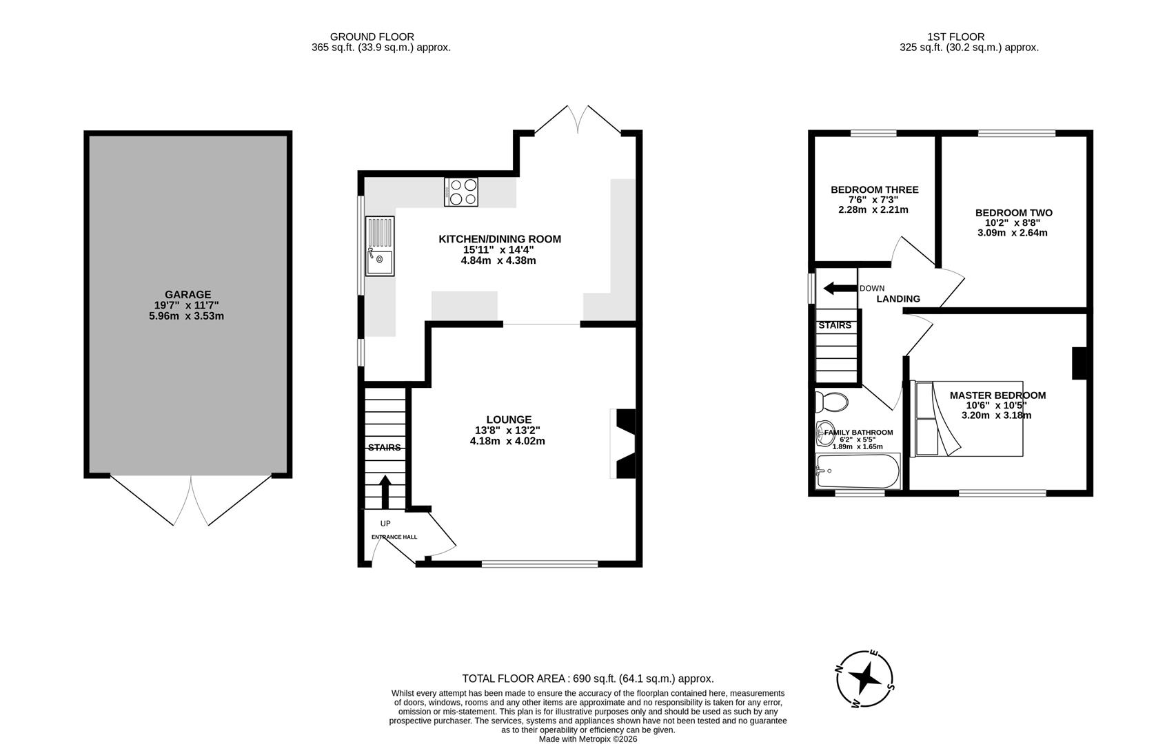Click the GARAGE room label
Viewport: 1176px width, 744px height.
(x=187, y=295)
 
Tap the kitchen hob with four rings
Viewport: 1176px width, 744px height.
(x=462, y=192)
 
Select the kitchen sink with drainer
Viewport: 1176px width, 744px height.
(x=380, y=246)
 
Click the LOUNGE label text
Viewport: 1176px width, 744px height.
(x=509, y=420)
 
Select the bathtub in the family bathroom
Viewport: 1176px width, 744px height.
(x=857, y=471)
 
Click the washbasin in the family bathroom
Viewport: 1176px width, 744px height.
(x=824, y=434)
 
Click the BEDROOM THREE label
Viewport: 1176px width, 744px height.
(x=874, y=189)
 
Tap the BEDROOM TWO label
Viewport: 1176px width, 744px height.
(x=1013, y=213)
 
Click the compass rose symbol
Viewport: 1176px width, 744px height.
(x=865, y=679)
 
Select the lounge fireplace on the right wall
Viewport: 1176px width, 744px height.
(x=624, y=444)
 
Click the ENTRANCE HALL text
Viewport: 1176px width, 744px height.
(x=394, y=537)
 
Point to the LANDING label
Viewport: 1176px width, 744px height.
(x=898, y=299)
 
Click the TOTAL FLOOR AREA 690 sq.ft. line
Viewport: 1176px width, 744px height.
(x=587, y=679)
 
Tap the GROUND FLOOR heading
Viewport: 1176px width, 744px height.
(x=372, y=37)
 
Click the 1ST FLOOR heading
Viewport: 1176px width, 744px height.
(x=955, y=37)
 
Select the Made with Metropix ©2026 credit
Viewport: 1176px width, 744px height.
(x=587, y=738)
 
